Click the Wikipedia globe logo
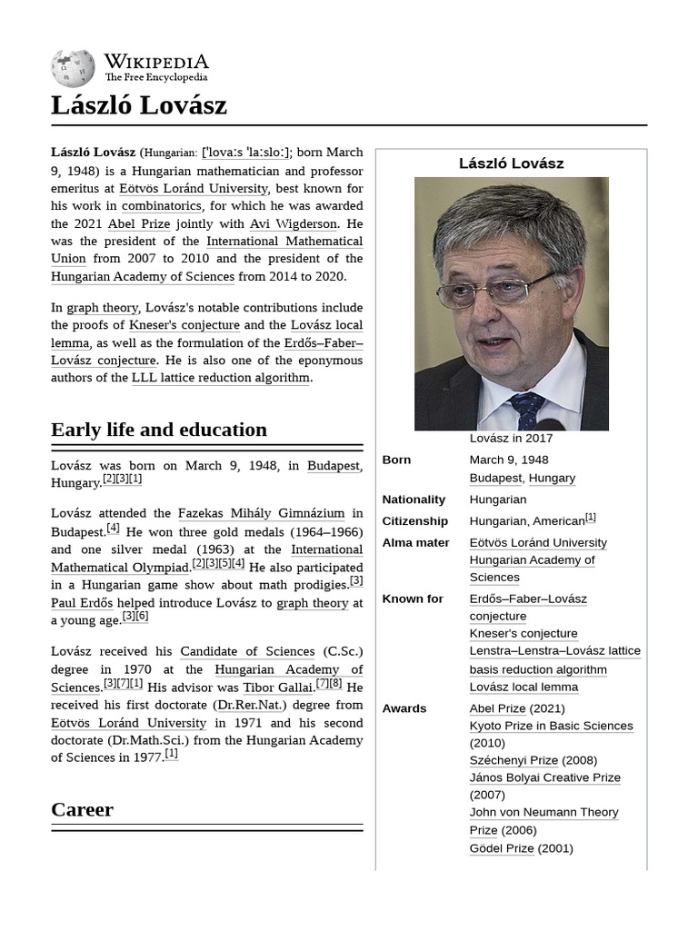(x=73, y=68)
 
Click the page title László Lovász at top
(x=139, y=105)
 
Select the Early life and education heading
(x=159, y=430)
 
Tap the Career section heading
(x=82, y=809)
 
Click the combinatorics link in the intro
(x=162, y=206)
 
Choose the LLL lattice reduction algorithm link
(x=221, y=378)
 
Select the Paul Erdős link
(x=82, y=602)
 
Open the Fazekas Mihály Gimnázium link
(x=261, y=514)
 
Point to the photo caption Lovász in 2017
(x=511, y=438)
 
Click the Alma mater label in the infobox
(x=415, y=543)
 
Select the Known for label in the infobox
(x=413, y=599)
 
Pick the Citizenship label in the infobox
(x=414, y=521)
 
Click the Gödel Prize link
(x=502, y=848)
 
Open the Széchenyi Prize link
(x=514, y=760)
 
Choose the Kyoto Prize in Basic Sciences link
(x=551, y=726)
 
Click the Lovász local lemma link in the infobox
(x=523, y=687)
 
